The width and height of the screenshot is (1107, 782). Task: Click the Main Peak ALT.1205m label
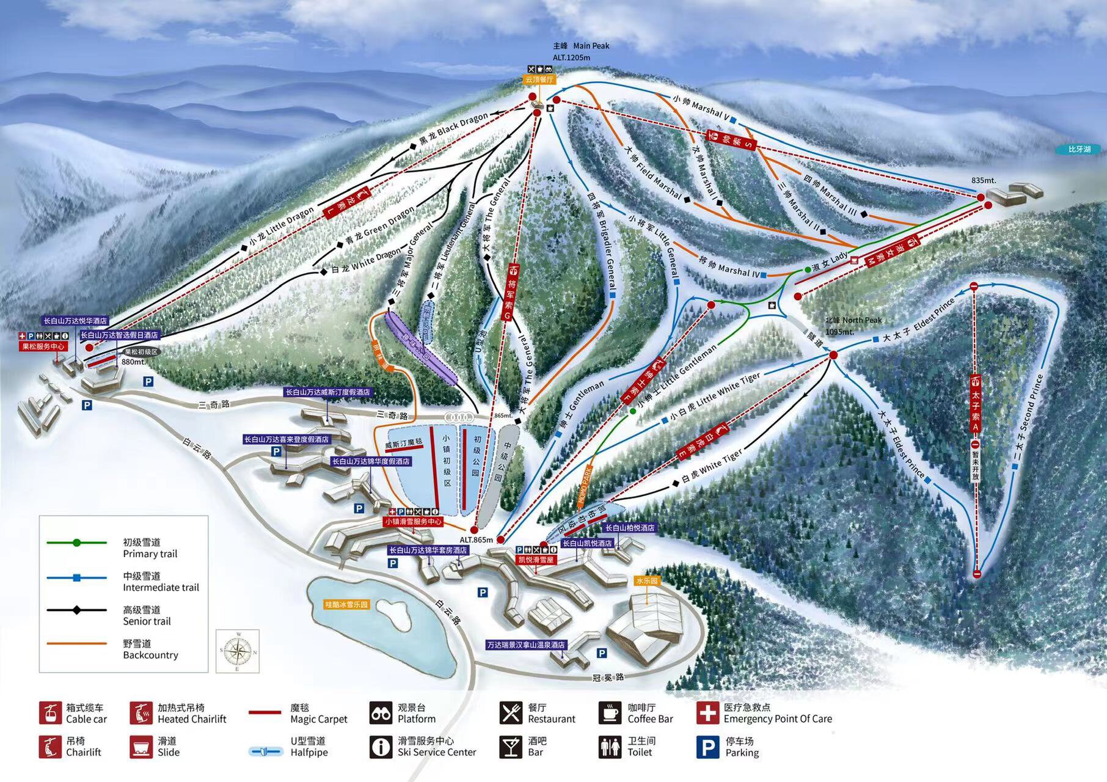(580, 51)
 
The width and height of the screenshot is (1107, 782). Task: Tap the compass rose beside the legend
(238, 651)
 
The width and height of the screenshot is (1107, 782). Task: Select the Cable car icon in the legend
(50, 712)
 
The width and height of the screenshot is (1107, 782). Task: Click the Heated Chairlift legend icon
(141, 712)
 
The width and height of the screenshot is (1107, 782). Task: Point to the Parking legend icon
(707, 746)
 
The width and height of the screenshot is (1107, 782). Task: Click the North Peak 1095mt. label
(853, 326)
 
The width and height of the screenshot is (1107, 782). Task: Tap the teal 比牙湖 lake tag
(1079, 149)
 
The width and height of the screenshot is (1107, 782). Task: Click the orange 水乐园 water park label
(646, 580)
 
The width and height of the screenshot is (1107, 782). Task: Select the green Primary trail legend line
(76, 543)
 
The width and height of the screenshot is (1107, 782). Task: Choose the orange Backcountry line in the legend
(76, 643)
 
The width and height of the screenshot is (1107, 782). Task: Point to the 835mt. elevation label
(984, 181)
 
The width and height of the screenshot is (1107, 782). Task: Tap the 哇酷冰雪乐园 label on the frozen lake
(346, 604)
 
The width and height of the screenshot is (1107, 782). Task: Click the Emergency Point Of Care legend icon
(708, 712)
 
